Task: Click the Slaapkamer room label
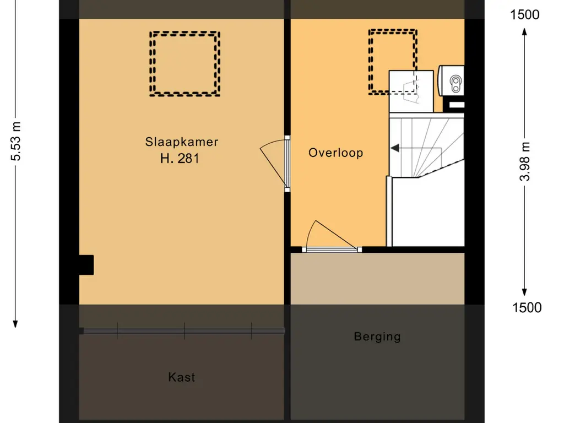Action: click(x=182, y=142)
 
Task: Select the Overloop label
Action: click(x=335, y=153)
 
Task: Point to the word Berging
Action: click(x=377, y=337)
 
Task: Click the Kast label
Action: click(x=182, y=377)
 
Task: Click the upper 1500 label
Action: click(x=525, y=15)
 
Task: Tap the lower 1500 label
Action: click(x=527, y=307)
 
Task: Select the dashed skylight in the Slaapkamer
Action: click(x=185, y=63)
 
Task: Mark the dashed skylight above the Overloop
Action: click(x=392, y=62)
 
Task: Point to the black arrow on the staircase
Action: click(x=395, y=148)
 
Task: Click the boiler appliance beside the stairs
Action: click(x=452, y=82)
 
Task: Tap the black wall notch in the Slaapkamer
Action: click(x=86, y=264)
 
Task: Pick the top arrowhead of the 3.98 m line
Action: click(x=525, y=32)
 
